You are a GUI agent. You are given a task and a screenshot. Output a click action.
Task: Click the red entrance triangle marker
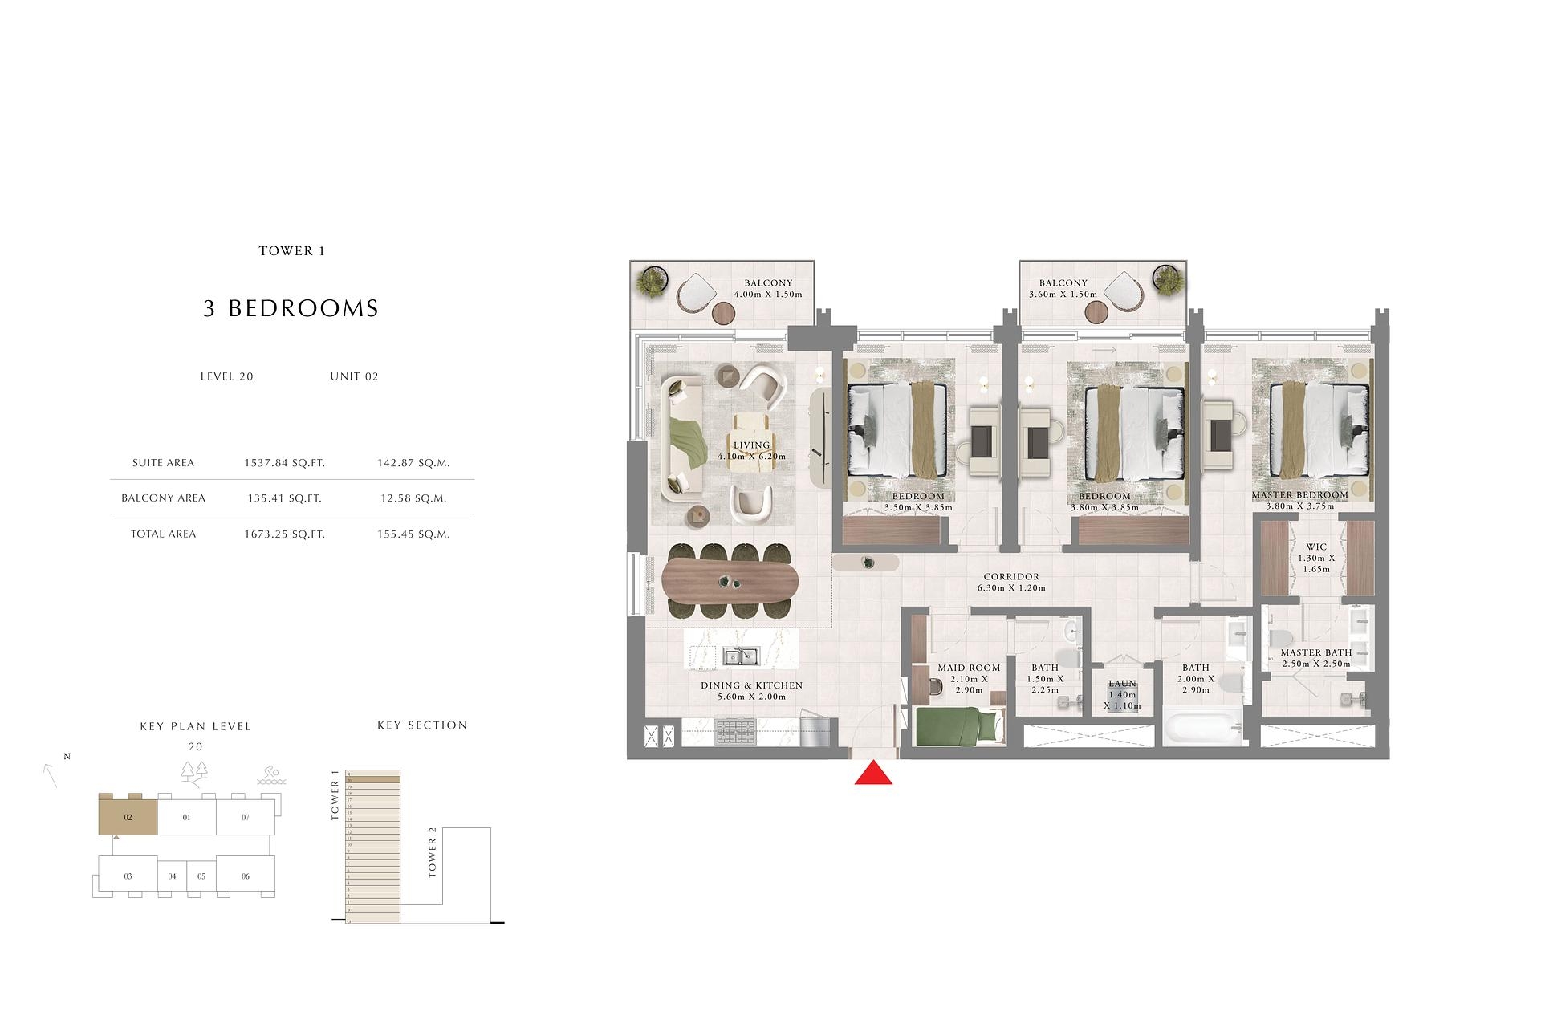pyautogui.click(x=873, y=774)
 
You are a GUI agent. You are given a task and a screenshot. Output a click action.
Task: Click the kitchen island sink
pyautogui.click(x=741, y=656)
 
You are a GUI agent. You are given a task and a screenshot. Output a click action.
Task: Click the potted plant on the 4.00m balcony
pyautogui.click(x=653, y=282)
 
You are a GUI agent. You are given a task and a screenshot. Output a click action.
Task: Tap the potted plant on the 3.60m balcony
pyautogui.click(x=1168, y=280)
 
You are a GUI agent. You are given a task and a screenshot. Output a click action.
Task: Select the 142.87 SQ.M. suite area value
pyautogui.click(x=413, y=463)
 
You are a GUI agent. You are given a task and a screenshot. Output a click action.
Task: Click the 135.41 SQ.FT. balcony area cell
pyautogui.click(x=284, y=498)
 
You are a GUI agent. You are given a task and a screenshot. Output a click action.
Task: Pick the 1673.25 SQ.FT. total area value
pyautogui.click(x=284, y=534)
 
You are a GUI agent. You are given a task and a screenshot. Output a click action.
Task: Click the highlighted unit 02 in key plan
pyautogui.click(x=128, y=817)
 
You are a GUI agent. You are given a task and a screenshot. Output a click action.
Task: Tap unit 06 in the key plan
pyautogui.click(x=246, y=876)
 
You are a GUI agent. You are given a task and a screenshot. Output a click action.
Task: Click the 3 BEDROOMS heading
pyautogui.click(x=291, y=308)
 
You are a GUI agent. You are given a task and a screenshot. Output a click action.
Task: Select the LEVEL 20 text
pyautogui.click(x=226, y=376)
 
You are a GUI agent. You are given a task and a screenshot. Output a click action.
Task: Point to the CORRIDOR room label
pyautogui.click(x=1011, y=577)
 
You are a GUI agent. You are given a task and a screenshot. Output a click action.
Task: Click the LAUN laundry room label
pyautogui.click(x=1121, y=684)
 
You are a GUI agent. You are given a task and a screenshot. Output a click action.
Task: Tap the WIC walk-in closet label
pyautogui.click(x=1316, y=547)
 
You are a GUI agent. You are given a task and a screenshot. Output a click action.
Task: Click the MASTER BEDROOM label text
pyautogui.click(x=1299, y=495)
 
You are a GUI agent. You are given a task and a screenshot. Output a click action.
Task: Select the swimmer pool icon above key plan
pyautogui.click(x=270, y=775)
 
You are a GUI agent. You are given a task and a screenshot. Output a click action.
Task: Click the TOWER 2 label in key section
pyautogui.click(x=433, y=857)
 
